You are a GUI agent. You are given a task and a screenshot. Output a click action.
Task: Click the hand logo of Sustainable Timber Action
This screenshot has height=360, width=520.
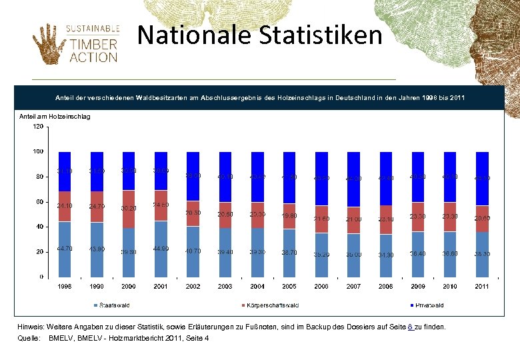click(46, 43)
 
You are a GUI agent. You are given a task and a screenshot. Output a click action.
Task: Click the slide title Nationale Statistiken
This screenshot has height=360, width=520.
click(260, 35)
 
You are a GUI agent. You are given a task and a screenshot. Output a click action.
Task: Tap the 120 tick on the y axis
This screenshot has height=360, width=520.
click(39, 126)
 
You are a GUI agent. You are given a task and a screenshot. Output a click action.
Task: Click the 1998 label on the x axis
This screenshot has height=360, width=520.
click(65, 286)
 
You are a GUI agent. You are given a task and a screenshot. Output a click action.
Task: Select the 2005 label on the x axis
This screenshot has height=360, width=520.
click(289, 286)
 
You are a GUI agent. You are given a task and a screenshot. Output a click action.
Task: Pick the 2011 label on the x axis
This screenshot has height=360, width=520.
click(481, 286)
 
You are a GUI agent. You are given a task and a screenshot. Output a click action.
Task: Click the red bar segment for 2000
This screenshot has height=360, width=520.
click(129, 208)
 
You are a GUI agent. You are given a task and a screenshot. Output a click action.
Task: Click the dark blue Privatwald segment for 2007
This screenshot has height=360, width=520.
click(353, 179)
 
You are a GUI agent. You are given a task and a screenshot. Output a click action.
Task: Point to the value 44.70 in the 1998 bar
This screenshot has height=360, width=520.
click(65, 249)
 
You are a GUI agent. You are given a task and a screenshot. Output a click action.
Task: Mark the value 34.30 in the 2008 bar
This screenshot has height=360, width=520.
click(385, 255)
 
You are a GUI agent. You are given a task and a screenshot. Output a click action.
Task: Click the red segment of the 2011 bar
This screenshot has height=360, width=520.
click(481, 219)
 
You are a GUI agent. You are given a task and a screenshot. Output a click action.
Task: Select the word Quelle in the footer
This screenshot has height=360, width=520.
click(29, 339)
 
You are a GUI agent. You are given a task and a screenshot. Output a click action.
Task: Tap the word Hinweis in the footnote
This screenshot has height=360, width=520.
click(32, 327)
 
